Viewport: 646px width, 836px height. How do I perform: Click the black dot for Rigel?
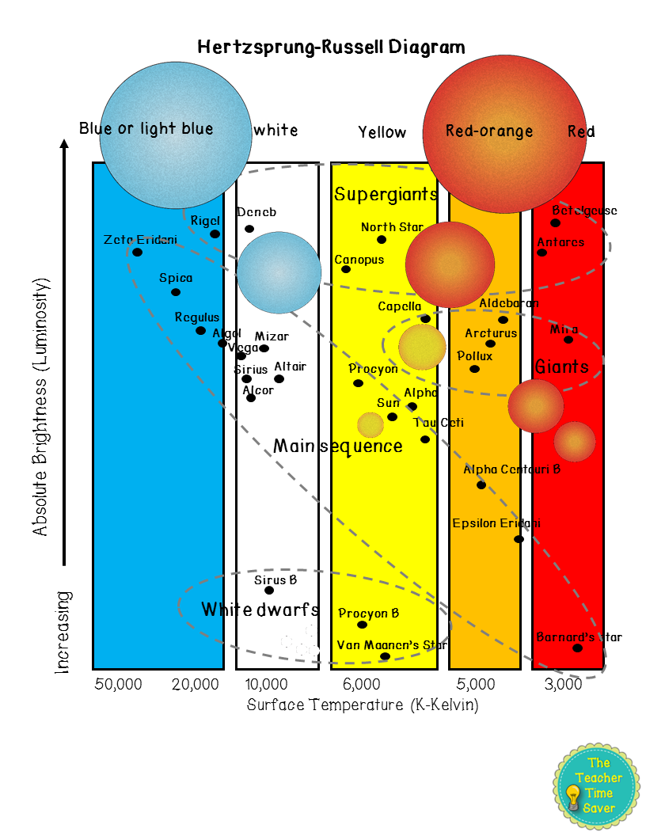coord(215,234)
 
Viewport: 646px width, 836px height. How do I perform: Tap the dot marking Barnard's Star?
coord(577,648)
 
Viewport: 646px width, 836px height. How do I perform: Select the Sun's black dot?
coord(392,416)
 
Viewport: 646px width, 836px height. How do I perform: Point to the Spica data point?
coord(176,292)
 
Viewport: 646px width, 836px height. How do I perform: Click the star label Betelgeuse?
coord(584,211)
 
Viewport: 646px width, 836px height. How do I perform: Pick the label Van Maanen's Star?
coord(392,644)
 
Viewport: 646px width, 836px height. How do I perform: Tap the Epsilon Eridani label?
coord(496,523)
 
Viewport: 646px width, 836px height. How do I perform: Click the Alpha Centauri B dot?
coord(481,484)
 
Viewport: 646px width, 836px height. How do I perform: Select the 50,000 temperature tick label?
coord(117,684)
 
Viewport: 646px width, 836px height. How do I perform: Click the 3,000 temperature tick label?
coord(563,684)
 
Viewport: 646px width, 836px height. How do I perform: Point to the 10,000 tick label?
coord(265,684)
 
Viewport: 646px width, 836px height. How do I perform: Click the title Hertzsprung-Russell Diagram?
coord(331,47)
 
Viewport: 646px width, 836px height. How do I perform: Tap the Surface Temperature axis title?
coord(363,704)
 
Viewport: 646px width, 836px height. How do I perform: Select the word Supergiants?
coord(386,194)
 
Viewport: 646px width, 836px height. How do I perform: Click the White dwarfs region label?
coord(260,610)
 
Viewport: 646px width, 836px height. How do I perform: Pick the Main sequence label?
coord(338,446)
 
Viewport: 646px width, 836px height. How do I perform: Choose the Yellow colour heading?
coord(382,132)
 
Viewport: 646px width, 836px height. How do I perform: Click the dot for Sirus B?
coord(269,590)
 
